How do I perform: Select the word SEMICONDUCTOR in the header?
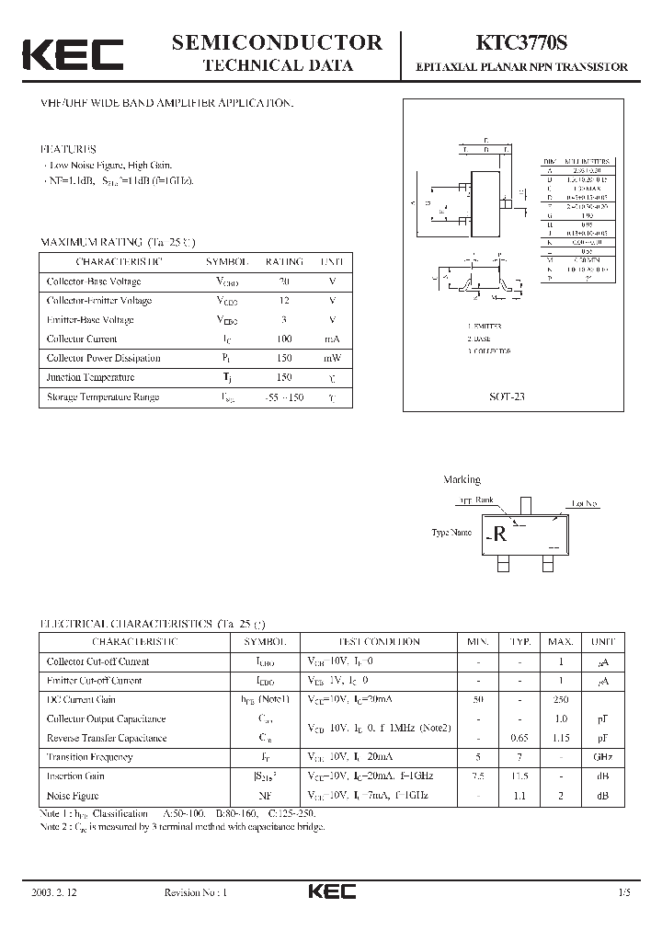277,41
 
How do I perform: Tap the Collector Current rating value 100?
284,339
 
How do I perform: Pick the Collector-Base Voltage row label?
94,281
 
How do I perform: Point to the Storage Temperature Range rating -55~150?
284,397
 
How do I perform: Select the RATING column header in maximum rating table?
284,260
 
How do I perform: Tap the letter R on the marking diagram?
500,535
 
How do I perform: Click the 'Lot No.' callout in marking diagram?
584,503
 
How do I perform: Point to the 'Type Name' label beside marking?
451,533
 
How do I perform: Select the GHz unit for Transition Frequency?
602,756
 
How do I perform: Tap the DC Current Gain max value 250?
560,699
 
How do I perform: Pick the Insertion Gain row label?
76,776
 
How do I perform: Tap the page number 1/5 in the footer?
612,892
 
